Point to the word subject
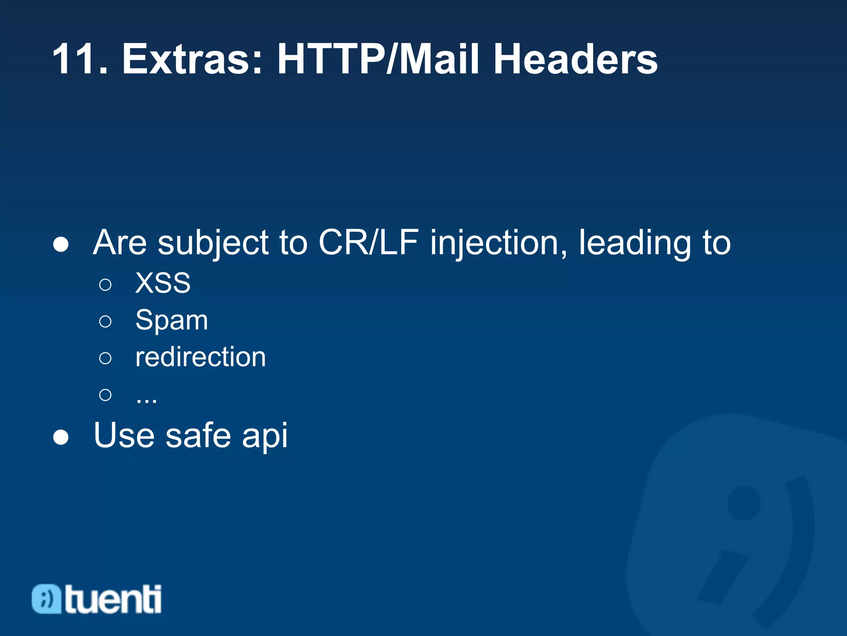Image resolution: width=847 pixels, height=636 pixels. pyautogui.click(x=213, y=243)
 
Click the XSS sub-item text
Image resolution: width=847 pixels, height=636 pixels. pyautogui.click(x=163, y=283)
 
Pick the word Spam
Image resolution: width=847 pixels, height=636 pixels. pyautogui.click(x=172, y=320)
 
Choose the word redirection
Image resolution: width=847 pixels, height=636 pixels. pyautogui.click(x=201, y=357)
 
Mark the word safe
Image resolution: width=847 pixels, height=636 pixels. pyautogui.click(x=198, y=436)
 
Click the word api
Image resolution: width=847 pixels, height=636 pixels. pyautogui.click(x=265, y=436)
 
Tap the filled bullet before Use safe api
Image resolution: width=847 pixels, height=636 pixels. pyautogui.click(x=61, y=437)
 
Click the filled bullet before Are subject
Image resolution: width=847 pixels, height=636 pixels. pyautogui.click(x=61, y=244)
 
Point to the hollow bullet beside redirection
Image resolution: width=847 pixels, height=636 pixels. pyautogui.click(x=105, y=358)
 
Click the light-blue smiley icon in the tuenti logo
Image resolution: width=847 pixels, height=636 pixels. pyautogui.click(x=46, y=599)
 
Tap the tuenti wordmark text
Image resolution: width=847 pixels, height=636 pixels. pyautogui.click(x=112, y=599)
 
